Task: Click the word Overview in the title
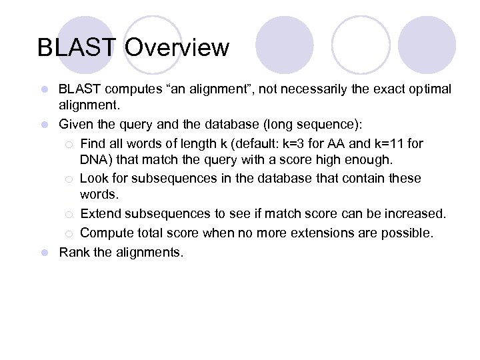click(177, 48)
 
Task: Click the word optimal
click(431, 89)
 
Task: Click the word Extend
click(100, 213)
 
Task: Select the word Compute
click(105, 233)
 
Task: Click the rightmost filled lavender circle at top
click(427, 45)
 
